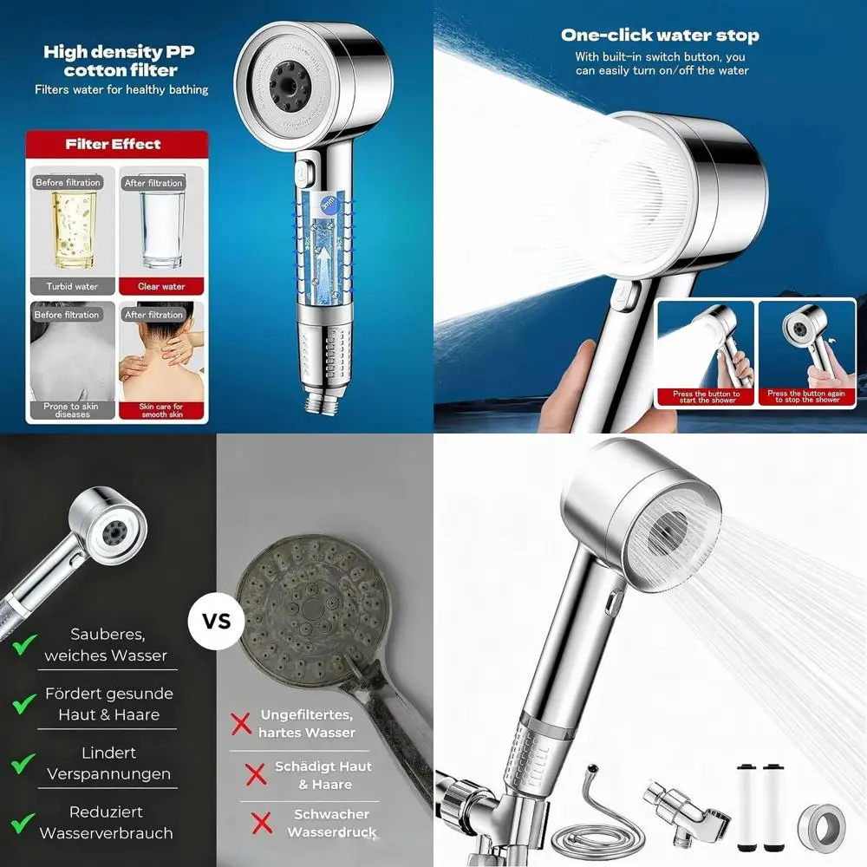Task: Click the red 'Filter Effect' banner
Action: click(x=117, y=144)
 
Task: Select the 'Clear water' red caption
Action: click(x=161, y=286)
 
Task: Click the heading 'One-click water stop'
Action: click(x=659, y=36)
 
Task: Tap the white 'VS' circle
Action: click(x=217, y=622)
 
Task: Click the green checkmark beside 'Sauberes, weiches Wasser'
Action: click(x=23, y=645)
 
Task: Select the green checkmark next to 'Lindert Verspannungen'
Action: click(x=23, y=764)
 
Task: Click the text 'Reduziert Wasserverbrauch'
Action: click(x=107, y=823)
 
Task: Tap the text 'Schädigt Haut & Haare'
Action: click(x=323, y=775)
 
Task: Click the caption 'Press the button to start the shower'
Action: click(x=707, y=397)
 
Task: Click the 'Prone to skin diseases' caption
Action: click(x=72, y=410)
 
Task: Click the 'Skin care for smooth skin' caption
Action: click(x=161, y=410)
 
